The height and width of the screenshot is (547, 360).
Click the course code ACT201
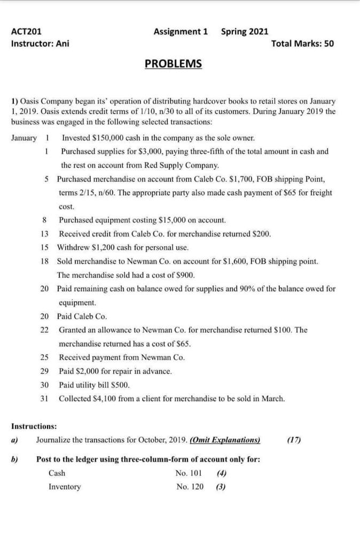click(26, 32)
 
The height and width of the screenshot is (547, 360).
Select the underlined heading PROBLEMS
click(174, 64)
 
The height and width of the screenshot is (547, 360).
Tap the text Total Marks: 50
click(302, 43)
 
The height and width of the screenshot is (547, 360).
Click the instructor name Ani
click(61, 43)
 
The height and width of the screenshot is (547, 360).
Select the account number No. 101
click(189, 473)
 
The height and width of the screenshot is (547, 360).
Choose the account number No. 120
click(189, 487)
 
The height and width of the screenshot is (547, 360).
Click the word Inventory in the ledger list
click(65, 487)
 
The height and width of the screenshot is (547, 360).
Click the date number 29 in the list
click(45, 371)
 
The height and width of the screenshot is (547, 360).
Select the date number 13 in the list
click(45, 233)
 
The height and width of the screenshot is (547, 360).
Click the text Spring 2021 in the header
click(245, 32)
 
